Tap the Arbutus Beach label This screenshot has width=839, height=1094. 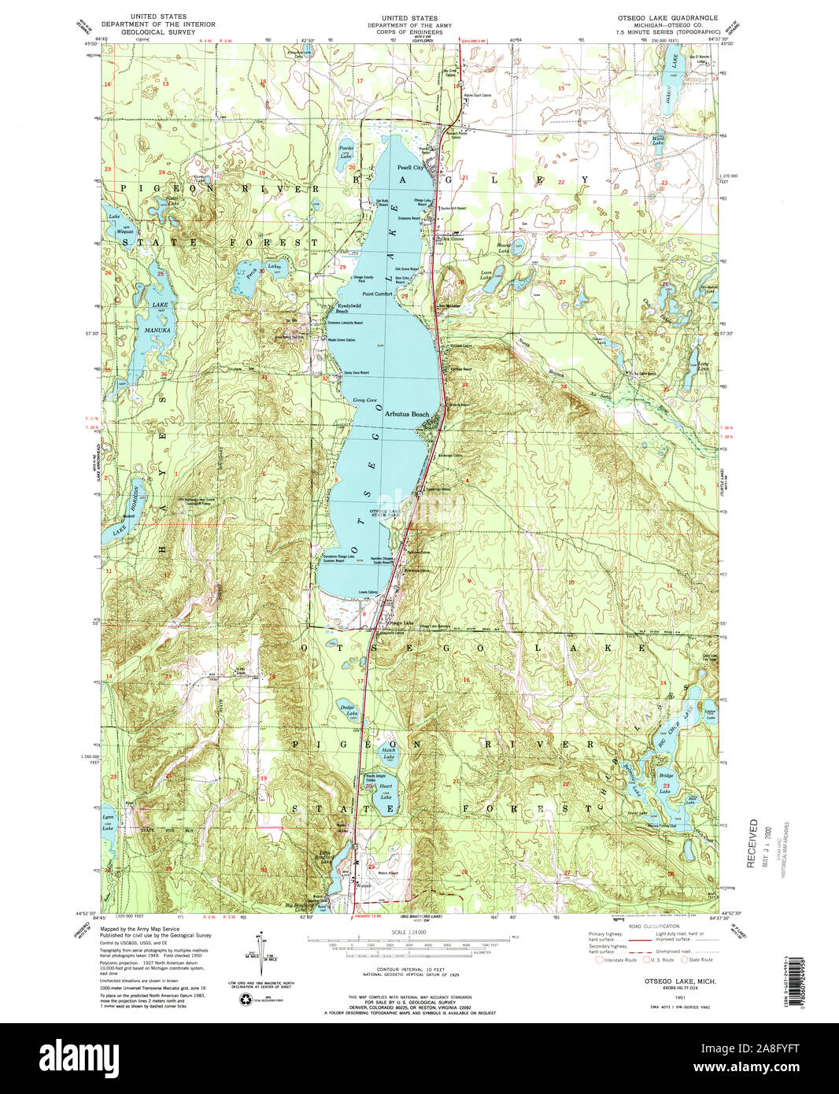pyautogui.click(x=407, y=414)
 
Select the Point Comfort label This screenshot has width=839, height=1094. pyautogui.click(x=377, y=294)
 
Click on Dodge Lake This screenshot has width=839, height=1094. pyautogui.click(x=347, y=711)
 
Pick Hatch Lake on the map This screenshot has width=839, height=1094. pyautogui.click(x=389, y=753)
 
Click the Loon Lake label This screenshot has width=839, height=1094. pyautogui.click(x=486, y=276)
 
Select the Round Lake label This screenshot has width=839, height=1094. pyautogui.click(x=504, y=247)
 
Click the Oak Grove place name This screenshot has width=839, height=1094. pyautogui.click(x=450, y=238)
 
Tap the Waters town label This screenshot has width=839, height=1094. pyautogui.click(x=363, y=885)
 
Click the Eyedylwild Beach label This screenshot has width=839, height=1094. pyautogui.click(x=348, y=308)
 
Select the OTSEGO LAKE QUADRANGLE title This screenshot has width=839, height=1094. pyautogui.click(x=671, y=17)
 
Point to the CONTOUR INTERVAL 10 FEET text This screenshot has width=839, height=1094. pyautogui.click(x=408, y=969)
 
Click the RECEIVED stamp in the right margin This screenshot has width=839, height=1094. pyautogui.click(x=753, y=843)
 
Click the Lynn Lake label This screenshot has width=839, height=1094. pyautogui.click(x=108, y=823)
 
